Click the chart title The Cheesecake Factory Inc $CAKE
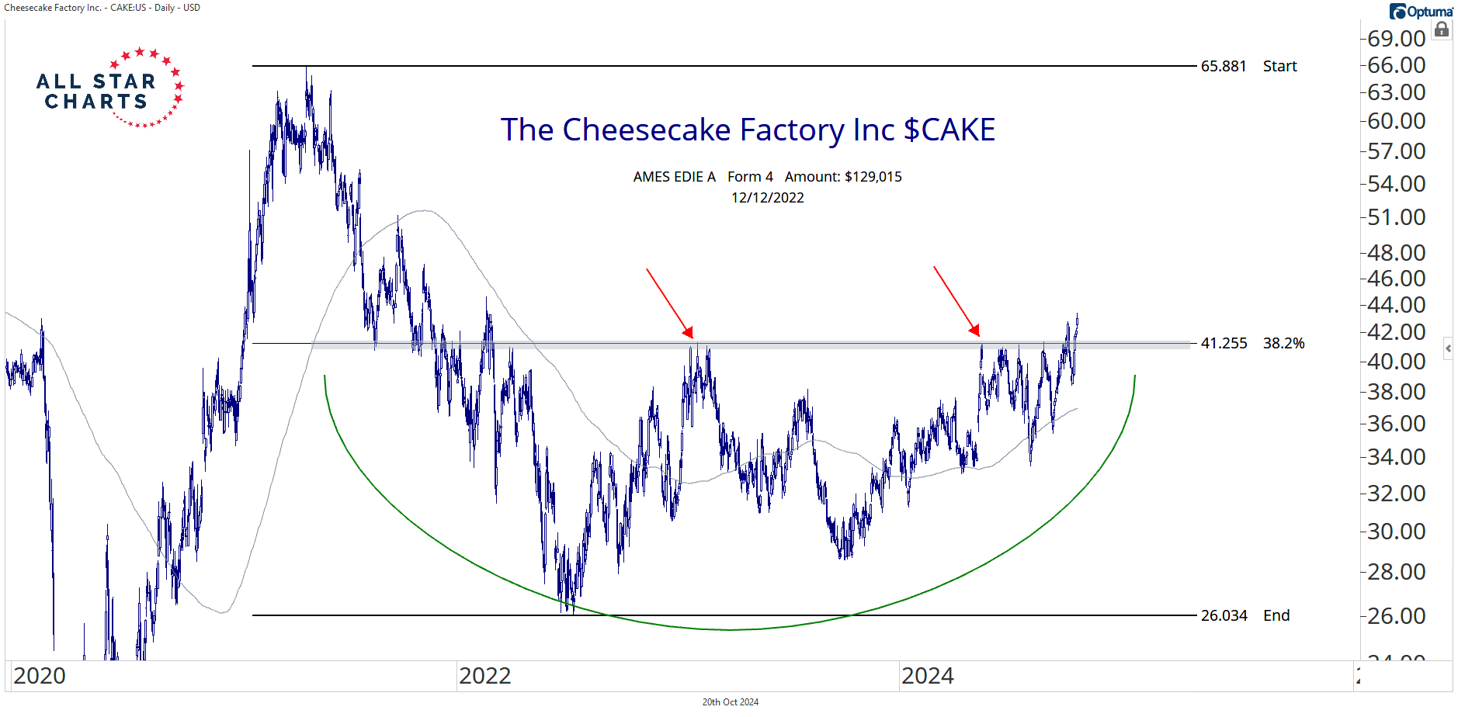coord(748,130)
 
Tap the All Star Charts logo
coord(109,88)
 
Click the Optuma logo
coord(1421,12)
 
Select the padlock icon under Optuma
coord(1442,30)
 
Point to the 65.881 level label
coord(1224,67)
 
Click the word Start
coord(1279,67)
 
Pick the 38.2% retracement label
coord(1283,343)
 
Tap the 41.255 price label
coord(1224,343)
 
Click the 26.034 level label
coord(1224,615)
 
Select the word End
coord(1276,615)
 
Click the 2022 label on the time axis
coord(484,676)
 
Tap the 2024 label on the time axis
coord(927,676)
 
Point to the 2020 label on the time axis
coord(40,676)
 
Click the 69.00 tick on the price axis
coord(1396,38)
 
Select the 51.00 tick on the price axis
coord(1396,217)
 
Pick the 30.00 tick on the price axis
coord(1396,532)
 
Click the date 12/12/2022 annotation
coord(767,198)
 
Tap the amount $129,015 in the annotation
coord(873,177)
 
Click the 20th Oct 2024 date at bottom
coord(730,702)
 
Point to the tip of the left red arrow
coord(691,338)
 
